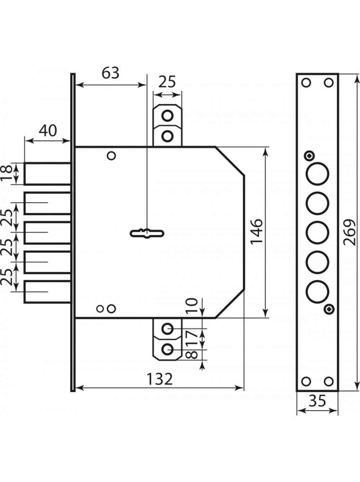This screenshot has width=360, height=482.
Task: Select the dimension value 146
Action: (x=256, y=231)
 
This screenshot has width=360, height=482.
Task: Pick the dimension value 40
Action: (x=48, y=131)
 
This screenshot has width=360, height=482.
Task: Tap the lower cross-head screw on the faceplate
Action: (x=329, y=309)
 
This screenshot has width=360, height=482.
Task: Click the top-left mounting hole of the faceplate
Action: (x=306, y=83)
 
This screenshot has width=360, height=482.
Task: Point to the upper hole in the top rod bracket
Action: (x=167, y=115)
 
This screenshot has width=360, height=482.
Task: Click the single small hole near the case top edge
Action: (x=112, y=156)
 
